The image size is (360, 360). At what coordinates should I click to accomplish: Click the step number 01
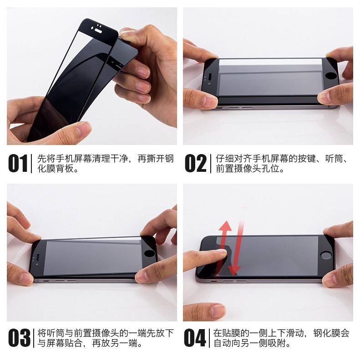[x=18, y=163]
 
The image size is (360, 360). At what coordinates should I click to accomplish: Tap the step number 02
[x=196, y=163]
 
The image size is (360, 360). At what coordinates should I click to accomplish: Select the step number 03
[x=19, y=338]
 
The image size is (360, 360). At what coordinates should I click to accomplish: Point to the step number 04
[x=195, y=338]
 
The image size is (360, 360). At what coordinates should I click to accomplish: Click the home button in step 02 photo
[x=331, y=75]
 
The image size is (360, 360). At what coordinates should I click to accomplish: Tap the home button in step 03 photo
[x=149, y=253]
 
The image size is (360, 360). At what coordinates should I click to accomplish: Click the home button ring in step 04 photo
[x=326, y=255]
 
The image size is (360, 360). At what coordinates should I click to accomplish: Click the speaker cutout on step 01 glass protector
[x=98, y=31]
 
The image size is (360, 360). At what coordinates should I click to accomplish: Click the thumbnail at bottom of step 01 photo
[x=83, y=129]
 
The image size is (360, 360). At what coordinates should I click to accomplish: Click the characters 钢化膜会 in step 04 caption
[x=331, y=333]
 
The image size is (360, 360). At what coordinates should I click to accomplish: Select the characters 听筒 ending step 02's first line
[x=334, y=159]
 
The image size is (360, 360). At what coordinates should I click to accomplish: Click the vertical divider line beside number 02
[x=211, y=164]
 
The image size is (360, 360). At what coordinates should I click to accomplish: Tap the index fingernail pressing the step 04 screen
[x=222, y=251]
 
